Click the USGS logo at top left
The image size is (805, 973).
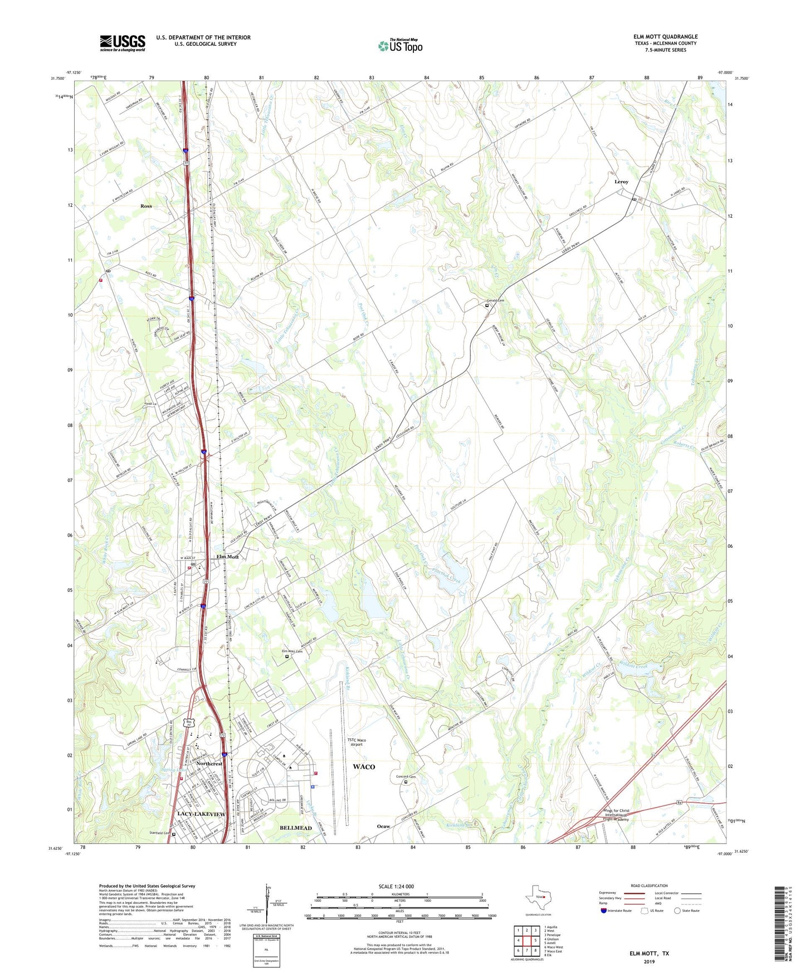(122, 43)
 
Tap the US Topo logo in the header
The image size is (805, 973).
(400, 46)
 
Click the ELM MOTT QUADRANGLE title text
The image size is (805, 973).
(665, 37)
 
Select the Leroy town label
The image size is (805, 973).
(621, 182)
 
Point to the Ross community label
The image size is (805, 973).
(146, 206)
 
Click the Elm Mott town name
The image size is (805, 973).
(227, 557)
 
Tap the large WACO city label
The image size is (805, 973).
(364, 767)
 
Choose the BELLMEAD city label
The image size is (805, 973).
(295, 828)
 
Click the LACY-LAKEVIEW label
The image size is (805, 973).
(201, 814)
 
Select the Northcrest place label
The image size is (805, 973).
(209, 763)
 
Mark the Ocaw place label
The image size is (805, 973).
(383, 826)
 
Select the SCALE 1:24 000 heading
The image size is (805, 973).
(399, 887)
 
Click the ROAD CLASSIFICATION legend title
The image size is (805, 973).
(650, 886)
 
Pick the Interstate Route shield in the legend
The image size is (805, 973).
(603, 911)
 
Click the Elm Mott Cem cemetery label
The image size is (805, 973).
(291, 651)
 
